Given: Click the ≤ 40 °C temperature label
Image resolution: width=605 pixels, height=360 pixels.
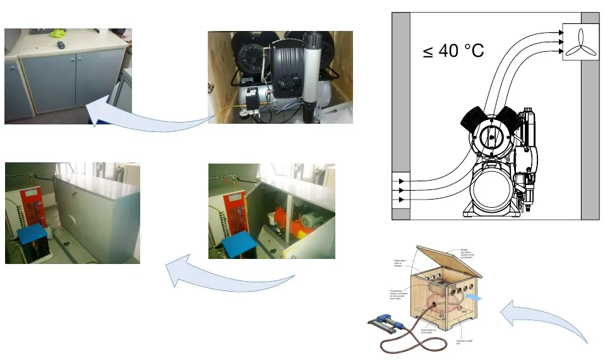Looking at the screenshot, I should tap(453, 50).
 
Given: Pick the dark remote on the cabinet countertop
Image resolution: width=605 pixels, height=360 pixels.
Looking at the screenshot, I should tap(60, 44).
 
